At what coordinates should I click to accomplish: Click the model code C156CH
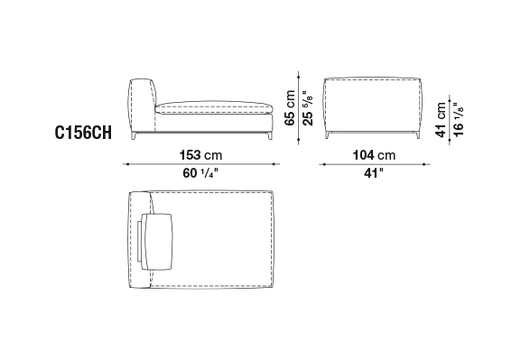coord(83,134)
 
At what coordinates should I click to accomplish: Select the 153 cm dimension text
coord(200,155)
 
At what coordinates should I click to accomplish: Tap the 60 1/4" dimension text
coord(200,173)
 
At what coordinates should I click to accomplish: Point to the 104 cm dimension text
coord(374,155)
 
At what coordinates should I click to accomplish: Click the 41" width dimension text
coord(374,173)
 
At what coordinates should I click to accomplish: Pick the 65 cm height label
coord(290,108)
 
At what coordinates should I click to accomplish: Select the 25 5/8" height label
coord(308,108)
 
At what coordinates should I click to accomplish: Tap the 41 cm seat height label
coord(441,120)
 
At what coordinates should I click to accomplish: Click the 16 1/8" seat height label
coord(459,120)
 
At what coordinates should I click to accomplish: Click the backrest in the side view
coord(142,105)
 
